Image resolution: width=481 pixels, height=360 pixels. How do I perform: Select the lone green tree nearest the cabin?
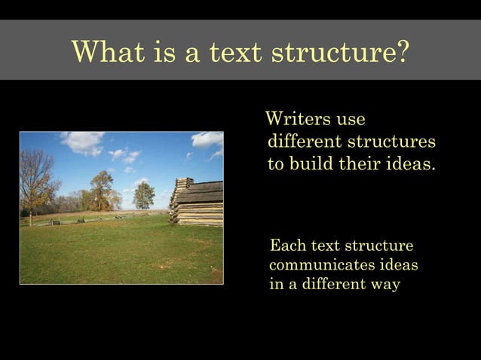point(143,195)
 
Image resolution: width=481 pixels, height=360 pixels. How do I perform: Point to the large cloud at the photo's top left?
point(82,142)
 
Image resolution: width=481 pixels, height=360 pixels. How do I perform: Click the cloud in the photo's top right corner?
point(207,139)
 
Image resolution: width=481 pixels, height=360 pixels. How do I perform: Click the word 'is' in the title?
point(165,52)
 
